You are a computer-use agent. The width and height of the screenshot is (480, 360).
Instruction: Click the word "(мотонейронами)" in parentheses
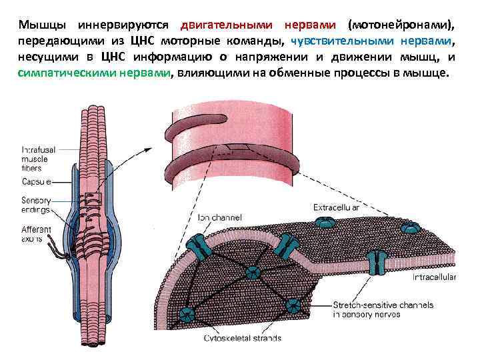pyautogui.click(x=403, y=25)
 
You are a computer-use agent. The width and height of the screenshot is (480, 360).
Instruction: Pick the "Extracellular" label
pyautogui.click(x=337, y=208)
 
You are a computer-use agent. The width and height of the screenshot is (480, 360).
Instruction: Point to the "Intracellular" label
pyautogui.click(x=433, y=275)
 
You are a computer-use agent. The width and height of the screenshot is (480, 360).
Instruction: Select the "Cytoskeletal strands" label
pyautogui.click(x=243, y=338)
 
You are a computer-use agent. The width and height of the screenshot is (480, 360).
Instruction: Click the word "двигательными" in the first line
pyautogui.click(x=226, y=25)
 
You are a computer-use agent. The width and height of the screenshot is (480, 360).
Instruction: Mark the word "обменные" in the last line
pyautogui.click(x=306, y=73)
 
